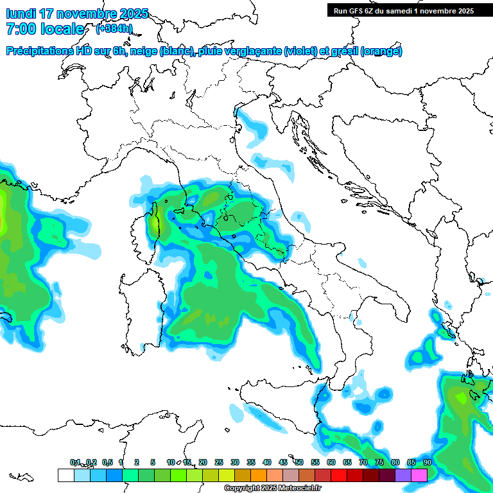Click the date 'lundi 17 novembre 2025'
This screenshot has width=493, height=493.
(77, 13)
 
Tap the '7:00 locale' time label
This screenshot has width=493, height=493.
(45, 29)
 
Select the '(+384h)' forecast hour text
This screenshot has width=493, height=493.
(114, 29)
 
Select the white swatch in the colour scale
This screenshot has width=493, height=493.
(65, 475)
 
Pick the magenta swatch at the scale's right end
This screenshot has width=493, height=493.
(419, 475)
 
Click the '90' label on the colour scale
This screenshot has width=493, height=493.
(428, 462)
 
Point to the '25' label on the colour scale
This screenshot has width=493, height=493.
(219, 462)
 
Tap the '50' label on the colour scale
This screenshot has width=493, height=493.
(299, 462)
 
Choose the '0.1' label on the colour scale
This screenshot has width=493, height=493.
(75, 462)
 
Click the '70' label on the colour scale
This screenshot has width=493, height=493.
(363, 462)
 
